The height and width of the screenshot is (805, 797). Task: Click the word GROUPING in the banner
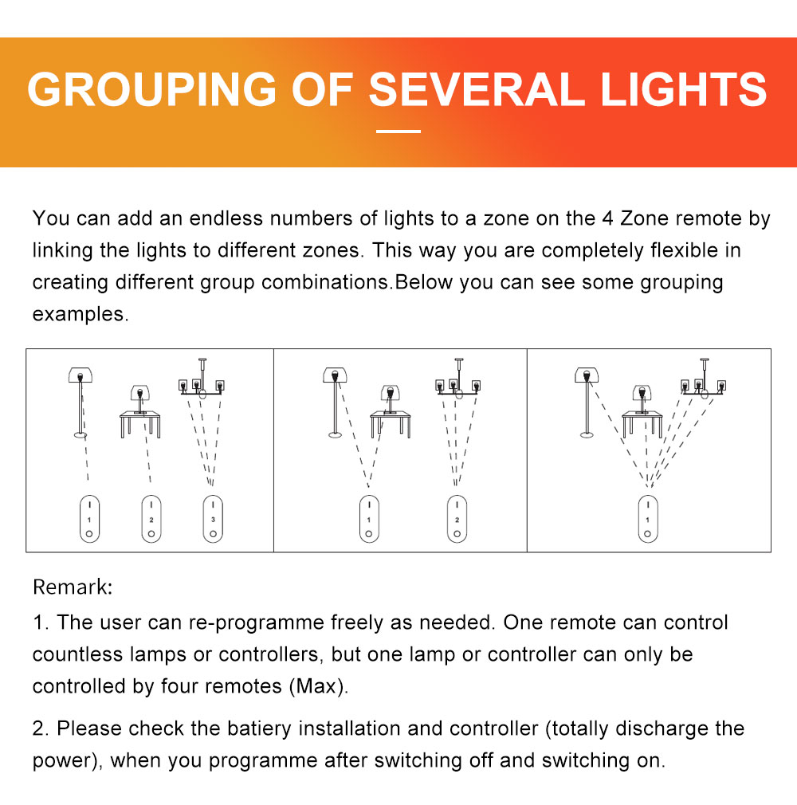click(152, 89)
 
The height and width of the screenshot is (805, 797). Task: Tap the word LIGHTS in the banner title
click(684, 89)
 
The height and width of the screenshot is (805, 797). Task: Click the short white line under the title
click(398, 132)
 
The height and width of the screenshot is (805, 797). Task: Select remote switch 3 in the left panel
click(213, 519)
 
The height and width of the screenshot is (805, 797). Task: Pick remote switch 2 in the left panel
click(151, 519)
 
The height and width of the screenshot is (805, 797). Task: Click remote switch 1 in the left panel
click(89, 519)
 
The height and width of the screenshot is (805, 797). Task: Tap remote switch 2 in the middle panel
click(457, 519)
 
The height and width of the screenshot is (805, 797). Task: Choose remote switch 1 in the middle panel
click(369, 519)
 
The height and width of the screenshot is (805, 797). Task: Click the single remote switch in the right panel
click(648, 519)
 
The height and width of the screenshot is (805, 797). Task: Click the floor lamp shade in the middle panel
click(335, 375)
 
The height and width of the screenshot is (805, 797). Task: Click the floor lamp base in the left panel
click(80, 435)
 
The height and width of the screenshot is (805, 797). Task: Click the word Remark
click(73, 587)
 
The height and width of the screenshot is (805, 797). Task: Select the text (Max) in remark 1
click(318, 686)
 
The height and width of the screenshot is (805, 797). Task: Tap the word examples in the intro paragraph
click(80, 314)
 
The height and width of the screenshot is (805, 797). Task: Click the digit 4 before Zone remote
click(607, 218)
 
